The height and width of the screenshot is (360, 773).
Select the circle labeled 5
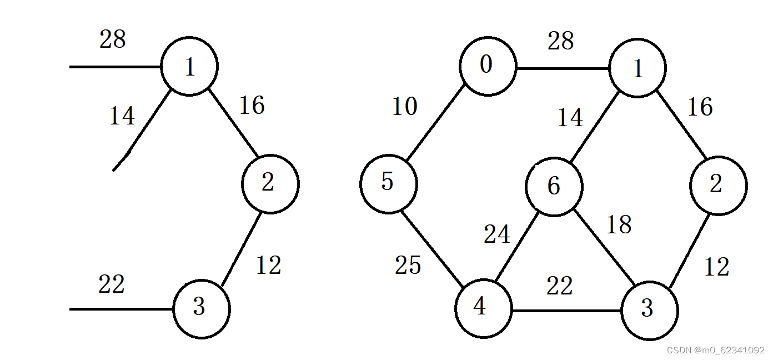pos(388,184)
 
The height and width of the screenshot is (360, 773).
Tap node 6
pos(554,186)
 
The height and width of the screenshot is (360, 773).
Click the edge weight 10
pos(404,106)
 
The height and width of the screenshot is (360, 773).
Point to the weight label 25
pos(408,266)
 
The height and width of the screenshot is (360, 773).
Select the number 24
pos(496,234)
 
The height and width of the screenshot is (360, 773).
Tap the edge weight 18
pos(619,225)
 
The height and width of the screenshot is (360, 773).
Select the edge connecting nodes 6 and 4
pos(518,248)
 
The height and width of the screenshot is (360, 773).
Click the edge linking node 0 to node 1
pos(563,69)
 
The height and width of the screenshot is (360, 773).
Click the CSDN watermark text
pos(715,350)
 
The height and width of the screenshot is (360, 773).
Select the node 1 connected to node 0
pos(637,68)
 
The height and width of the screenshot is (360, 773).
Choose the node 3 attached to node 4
pos(649,310)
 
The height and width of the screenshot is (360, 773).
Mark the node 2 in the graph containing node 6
pos(718,185)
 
